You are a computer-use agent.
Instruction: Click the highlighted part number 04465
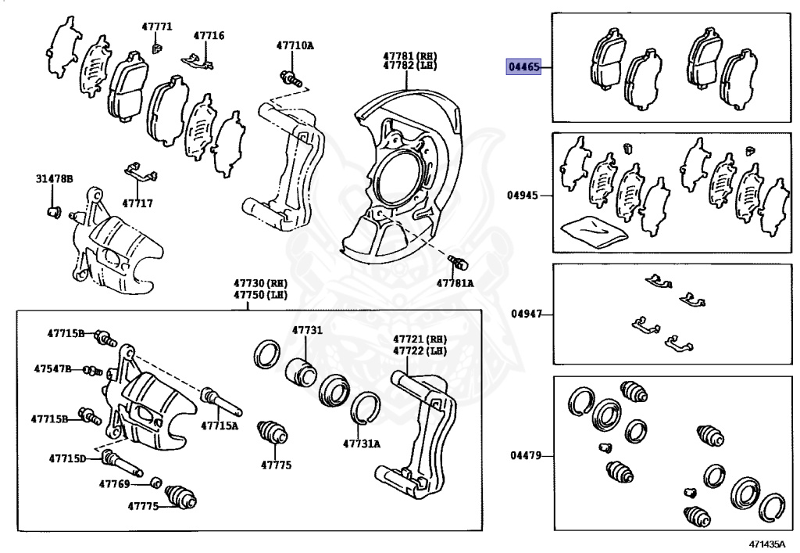pyautogui.click(x=523, y=67)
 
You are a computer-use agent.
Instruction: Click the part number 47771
pyautogui.click(x=156, y=27)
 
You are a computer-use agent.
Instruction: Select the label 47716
pyautogui.click(x=209, y=35)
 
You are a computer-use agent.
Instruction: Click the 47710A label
pyautogui.click(x=294, y=45)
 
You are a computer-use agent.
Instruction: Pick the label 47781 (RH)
pyautogui.click(x=409, y=56)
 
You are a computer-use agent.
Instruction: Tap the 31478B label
pyautogui.click(x=54, y=179)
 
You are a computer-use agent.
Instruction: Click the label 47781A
pyautogui.click(x=455, y=283)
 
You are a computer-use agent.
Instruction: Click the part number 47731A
pyautogui.click(x=361, y=443)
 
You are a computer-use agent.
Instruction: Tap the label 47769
pyautogui.click(x=114, y=484)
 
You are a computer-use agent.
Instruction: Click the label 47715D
pyautogui.click(x=67, y=458)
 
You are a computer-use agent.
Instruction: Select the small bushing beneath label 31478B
pyautogui.click(x=54, y=211)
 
